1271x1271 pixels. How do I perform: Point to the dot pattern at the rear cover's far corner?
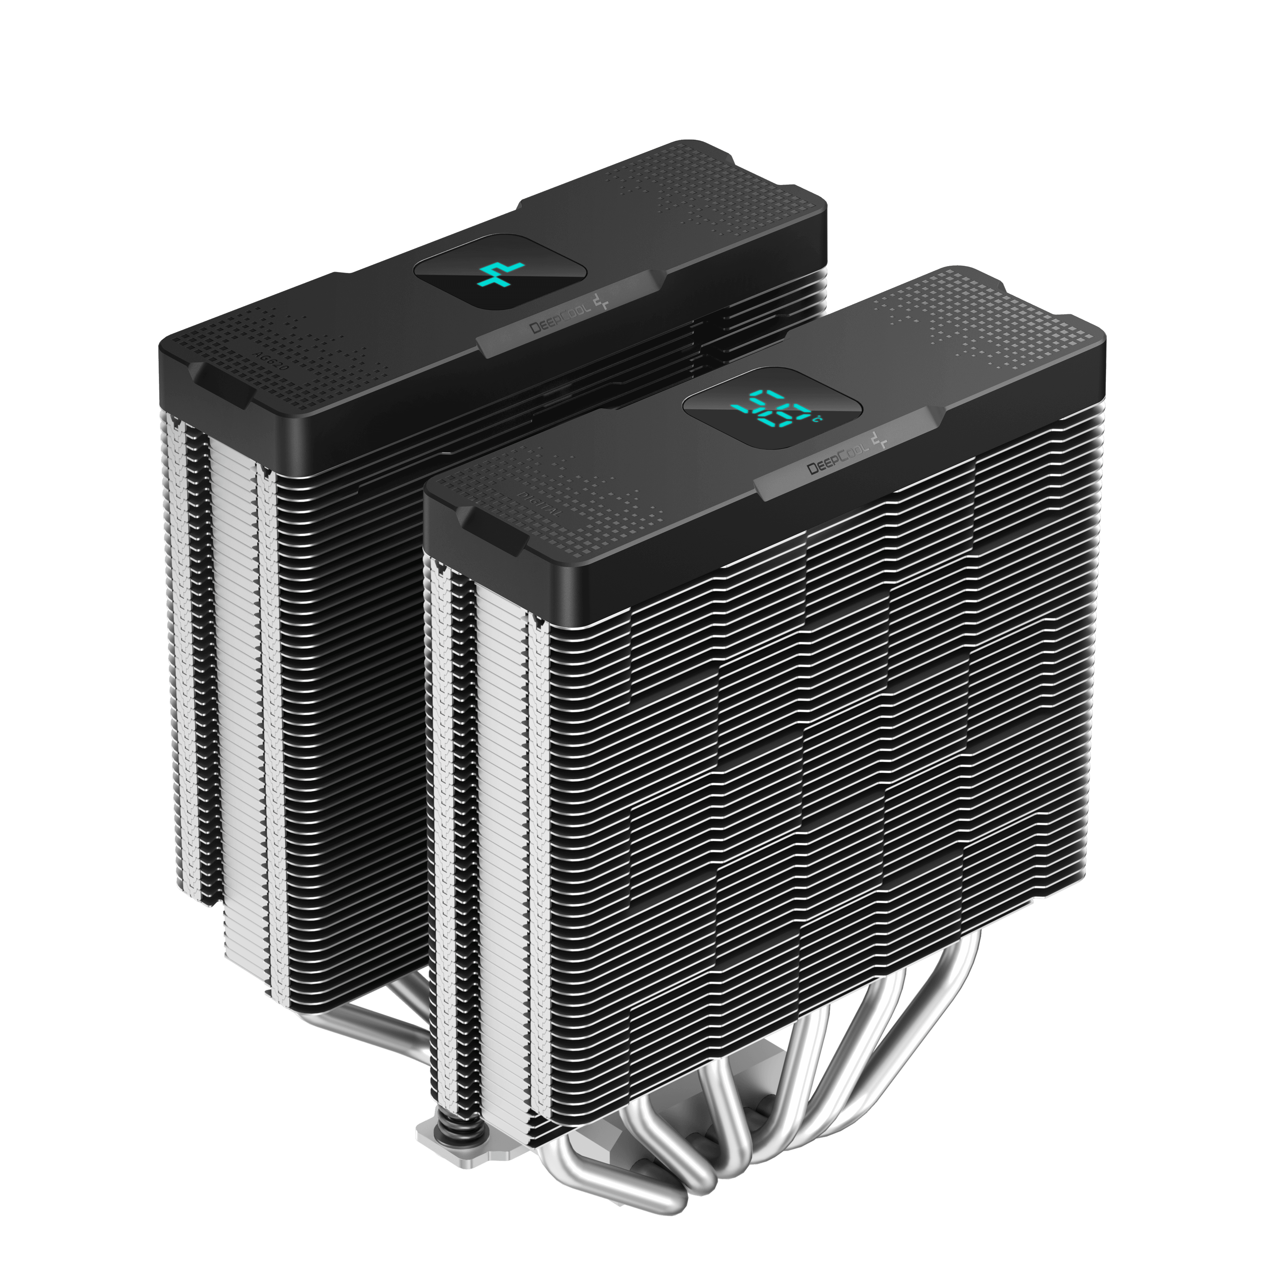[744, 178]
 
